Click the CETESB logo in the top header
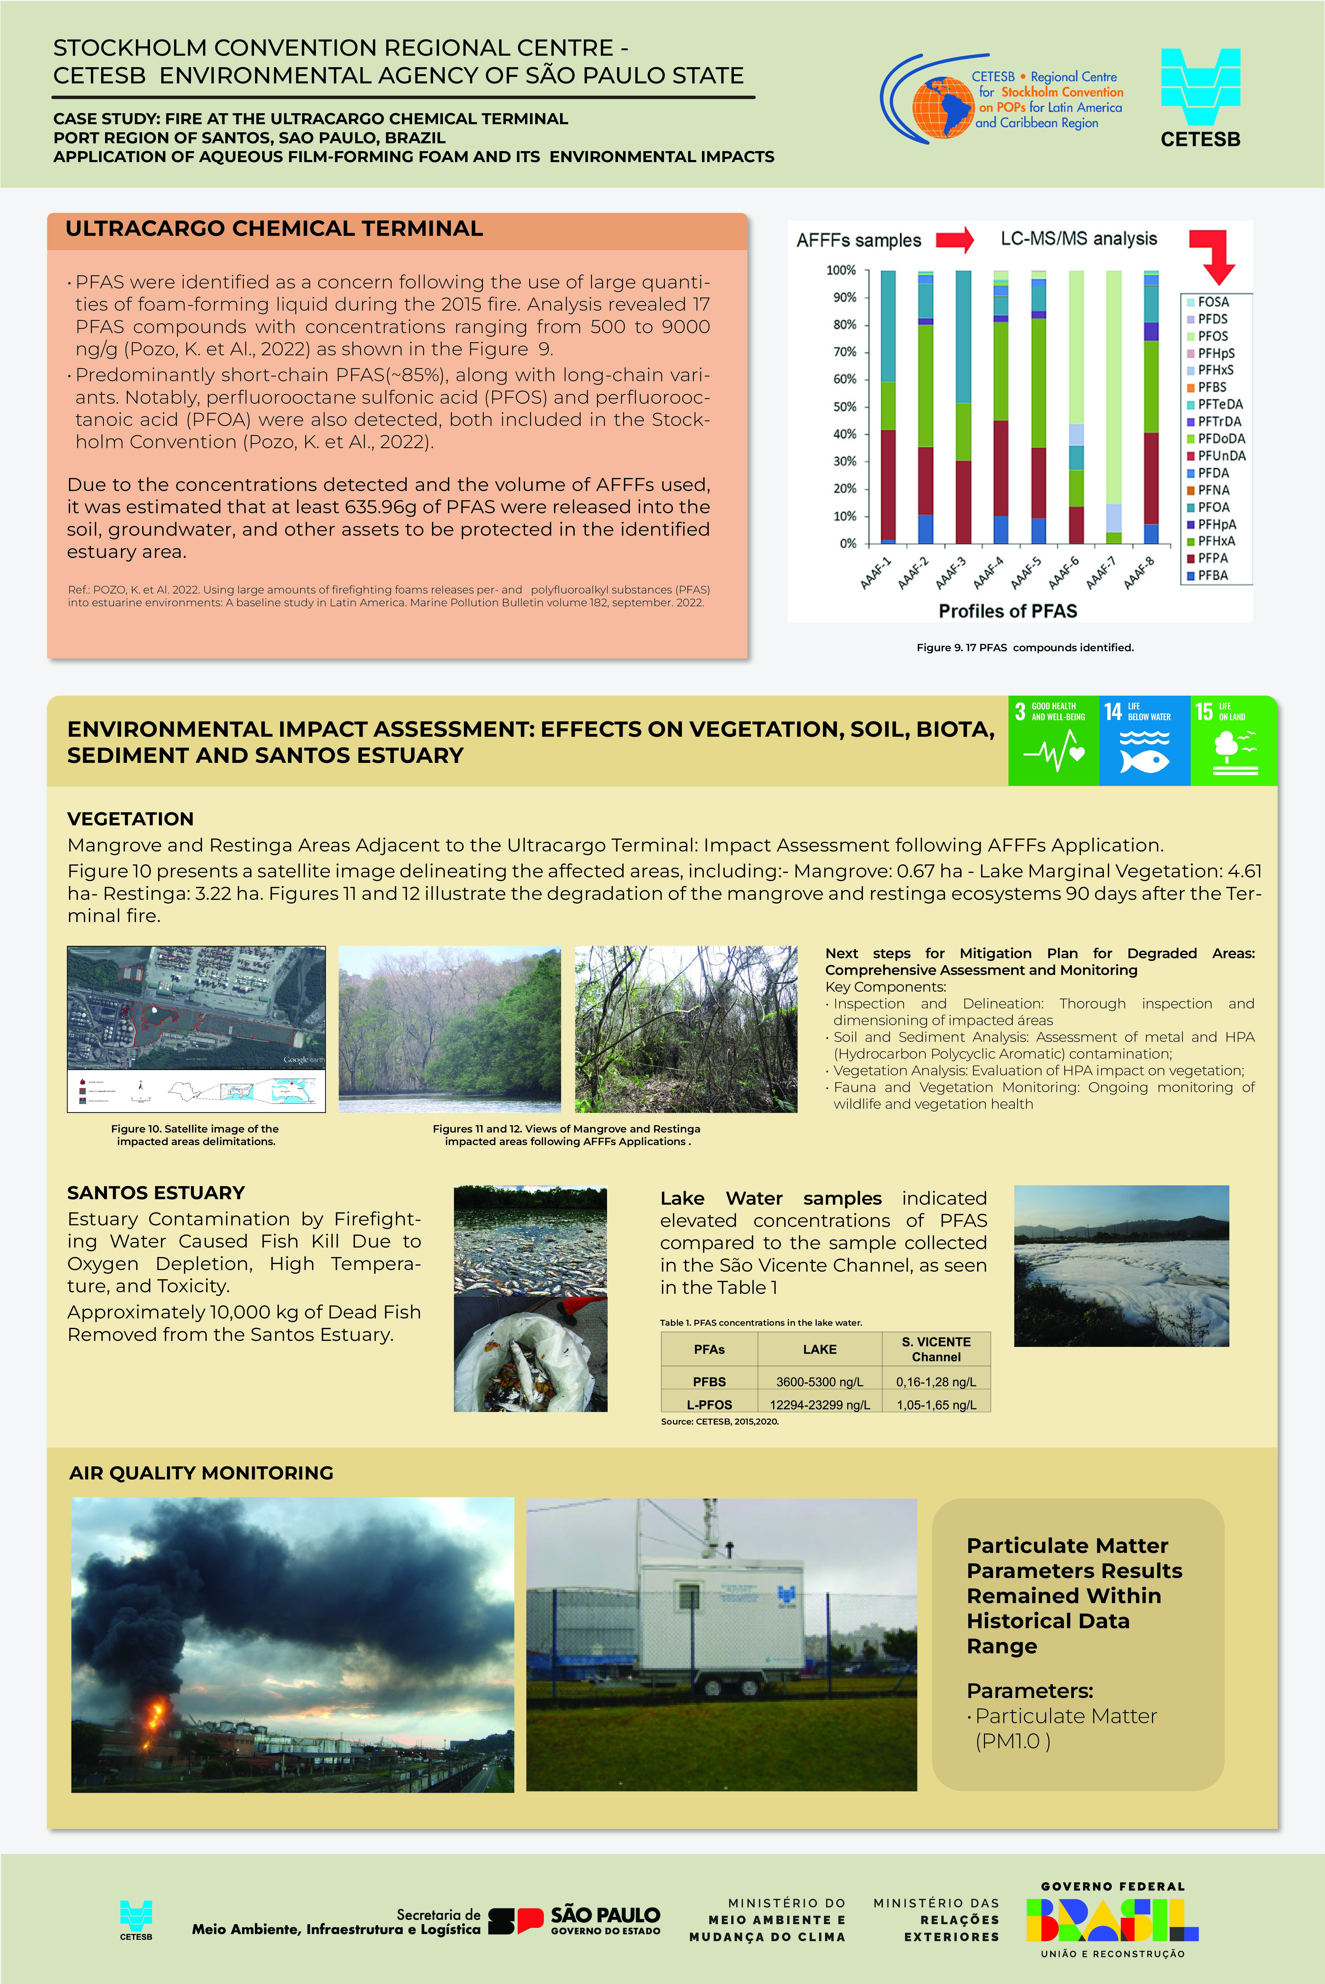pos(1200,97)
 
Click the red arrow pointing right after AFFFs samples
pos(955,240)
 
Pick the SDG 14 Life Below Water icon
pos(1144,741)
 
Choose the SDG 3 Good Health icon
pos(1053,741)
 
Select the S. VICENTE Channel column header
pos(935,1349)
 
